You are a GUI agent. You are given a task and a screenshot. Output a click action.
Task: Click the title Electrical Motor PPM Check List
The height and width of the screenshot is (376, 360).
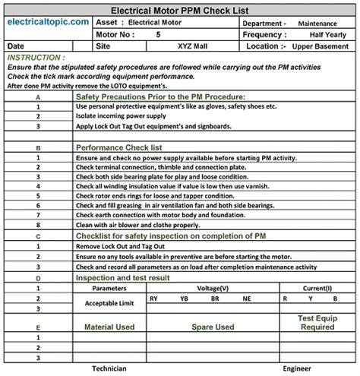pyautogui.click(x=179, y=11)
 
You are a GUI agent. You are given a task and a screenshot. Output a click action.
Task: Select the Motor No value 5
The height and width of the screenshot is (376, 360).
pyautogui.click(x=157, y=35)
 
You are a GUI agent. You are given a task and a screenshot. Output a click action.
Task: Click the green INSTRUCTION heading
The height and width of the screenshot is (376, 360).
pyautogui.click(x=36, y=57)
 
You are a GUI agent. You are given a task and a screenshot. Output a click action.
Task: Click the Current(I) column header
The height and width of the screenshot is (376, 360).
pyautogui.click(x=317, y=289)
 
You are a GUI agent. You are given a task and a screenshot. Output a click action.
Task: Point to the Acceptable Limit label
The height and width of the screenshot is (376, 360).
pyautogui.click(x=109, y=303)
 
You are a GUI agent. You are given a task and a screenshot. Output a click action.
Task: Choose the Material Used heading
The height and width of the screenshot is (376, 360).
pyautogui.click(x=109, y=327)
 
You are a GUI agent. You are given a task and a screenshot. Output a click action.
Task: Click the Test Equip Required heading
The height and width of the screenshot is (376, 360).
pyautogui.click(x=317, y=323)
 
